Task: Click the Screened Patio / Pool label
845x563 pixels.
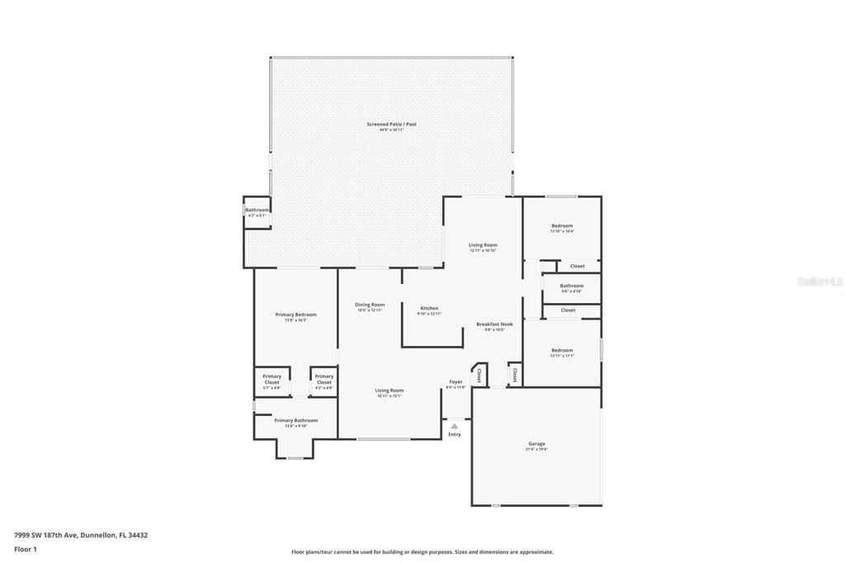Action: tap(391, 125)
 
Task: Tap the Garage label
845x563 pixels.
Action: tap(536, 444)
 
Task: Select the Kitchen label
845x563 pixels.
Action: tap(428, 309)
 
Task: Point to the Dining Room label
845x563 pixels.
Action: tap(370, 305)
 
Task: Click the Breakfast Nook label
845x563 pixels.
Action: tap(494, 324)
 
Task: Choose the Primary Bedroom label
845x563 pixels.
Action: tap(295, 315)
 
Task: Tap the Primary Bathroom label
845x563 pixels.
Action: tap(295, 421)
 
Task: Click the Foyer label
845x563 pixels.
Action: tap(456, 382)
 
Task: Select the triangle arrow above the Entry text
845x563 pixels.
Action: tap(454, 426)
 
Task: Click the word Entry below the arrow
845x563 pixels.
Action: tap(455, 434)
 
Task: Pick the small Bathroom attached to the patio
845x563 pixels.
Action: tap(257, 211)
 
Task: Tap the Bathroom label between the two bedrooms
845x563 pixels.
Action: tap(571, 286)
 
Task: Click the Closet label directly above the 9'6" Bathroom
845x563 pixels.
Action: tap(577, 266)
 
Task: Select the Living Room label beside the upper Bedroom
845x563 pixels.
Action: tap(483, 245)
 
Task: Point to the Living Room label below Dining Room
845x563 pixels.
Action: tap(389, 390)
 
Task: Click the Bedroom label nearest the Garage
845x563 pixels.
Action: tap(561, 351)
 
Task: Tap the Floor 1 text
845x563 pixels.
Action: tap(26, 549)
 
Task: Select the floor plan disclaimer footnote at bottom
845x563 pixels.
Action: tap(422, 552)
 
